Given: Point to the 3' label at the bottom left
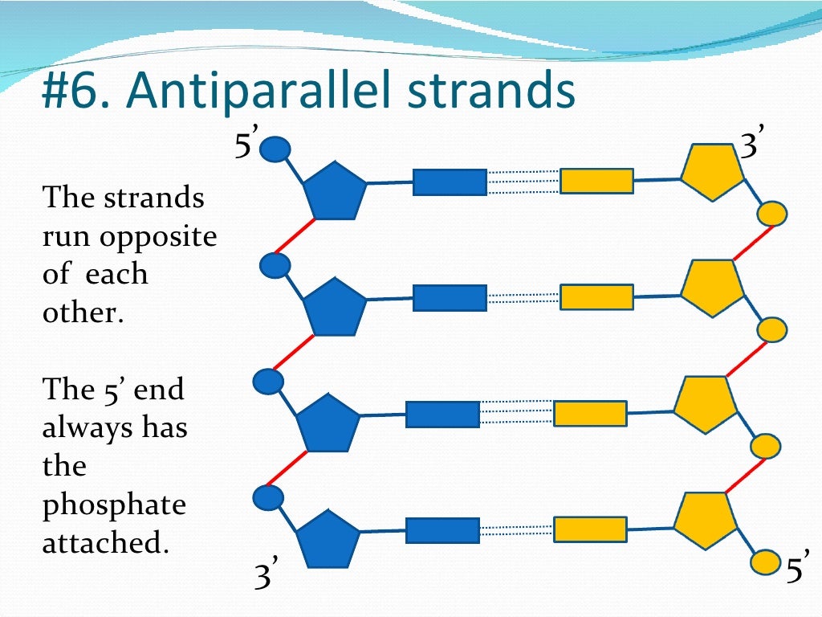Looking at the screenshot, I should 266,577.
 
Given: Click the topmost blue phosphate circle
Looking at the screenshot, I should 276,149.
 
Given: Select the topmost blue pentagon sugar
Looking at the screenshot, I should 334,190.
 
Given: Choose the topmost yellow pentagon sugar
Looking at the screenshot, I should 711,173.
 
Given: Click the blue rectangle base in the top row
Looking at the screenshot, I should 450,182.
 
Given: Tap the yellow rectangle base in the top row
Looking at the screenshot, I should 596,181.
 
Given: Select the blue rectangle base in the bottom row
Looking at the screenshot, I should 442,530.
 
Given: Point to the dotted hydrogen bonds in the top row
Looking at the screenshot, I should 523,182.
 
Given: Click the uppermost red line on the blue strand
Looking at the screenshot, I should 294,235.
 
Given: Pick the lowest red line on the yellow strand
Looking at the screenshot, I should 744,476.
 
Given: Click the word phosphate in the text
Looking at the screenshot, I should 114,505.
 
